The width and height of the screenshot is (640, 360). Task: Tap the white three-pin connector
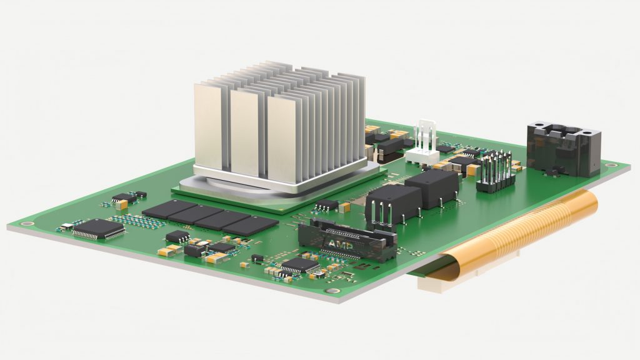423,142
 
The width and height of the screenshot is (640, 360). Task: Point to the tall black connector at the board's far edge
563,148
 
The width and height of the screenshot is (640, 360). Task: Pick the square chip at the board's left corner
98,229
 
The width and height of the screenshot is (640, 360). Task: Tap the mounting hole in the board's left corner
27,223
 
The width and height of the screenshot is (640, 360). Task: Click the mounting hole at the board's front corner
333,291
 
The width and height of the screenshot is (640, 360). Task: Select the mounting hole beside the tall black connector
611,165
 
